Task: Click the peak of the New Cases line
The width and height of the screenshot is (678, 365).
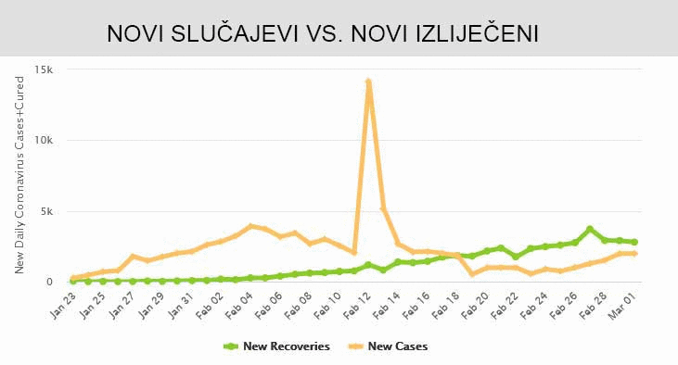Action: [x=369, y=82]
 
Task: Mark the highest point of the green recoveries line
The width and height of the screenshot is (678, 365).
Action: [x=590, y=229]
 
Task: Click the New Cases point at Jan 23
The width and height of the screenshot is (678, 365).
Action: [x=73, y=278]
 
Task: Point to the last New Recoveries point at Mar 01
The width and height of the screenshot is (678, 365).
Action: [x=634, y=242]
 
